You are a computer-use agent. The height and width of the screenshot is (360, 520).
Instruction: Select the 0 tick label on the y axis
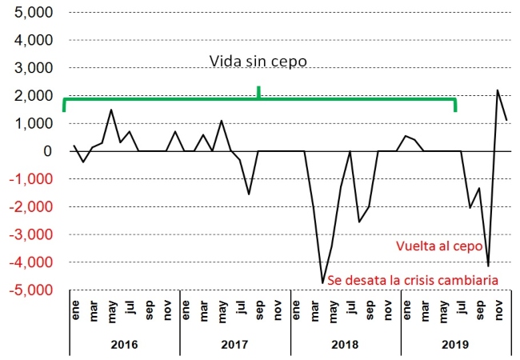[x=49, y=151]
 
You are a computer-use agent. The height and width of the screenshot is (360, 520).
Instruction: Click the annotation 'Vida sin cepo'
[x=258, y=62]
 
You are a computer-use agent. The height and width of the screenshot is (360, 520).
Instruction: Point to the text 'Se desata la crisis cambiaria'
[x=414, y=280]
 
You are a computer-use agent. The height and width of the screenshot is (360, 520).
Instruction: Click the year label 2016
[x=124, y=345]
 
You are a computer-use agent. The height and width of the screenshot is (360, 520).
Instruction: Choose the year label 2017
[x=234, y=345]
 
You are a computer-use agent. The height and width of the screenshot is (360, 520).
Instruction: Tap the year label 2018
[x=345, y=345]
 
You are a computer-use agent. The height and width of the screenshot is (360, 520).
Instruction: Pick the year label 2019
[x=455, y=345]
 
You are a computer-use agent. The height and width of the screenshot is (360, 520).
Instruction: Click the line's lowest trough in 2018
[x=323, y=282]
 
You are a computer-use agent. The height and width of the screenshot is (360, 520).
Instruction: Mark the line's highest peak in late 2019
[x=498, y=90]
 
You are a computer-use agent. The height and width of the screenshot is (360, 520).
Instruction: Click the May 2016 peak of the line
[x=111, y=110]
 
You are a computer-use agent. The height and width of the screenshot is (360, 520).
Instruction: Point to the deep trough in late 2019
[x=488, y=266]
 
